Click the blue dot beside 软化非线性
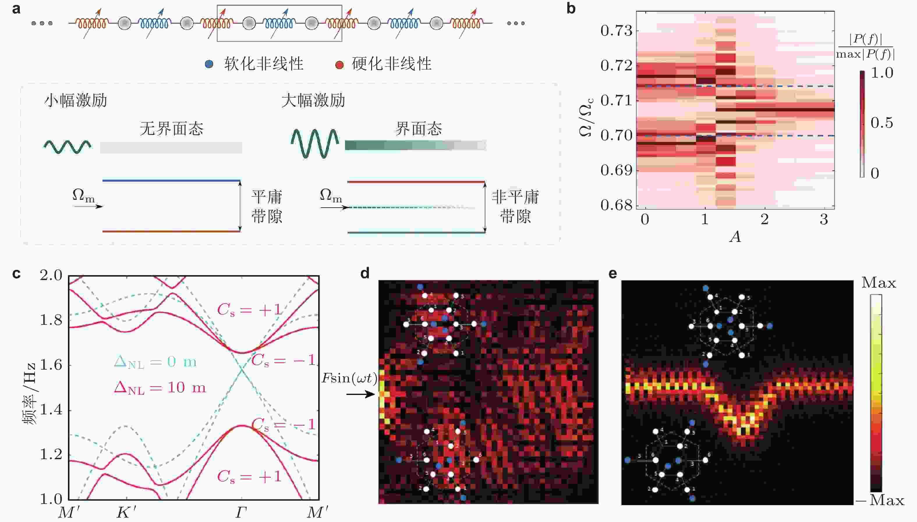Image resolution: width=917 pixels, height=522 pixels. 209,64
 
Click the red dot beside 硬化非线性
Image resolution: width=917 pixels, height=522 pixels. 339,65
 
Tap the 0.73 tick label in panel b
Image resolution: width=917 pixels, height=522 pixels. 616,31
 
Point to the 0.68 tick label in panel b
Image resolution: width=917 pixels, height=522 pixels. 616,205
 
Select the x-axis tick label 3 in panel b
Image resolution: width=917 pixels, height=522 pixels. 824,219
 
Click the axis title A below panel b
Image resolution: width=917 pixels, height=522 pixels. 735,237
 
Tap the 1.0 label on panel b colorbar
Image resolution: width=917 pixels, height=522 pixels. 882,73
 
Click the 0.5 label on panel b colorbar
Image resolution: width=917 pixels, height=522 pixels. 882,123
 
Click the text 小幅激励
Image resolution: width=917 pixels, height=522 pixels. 76,100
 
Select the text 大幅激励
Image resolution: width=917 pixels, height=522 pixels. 313,100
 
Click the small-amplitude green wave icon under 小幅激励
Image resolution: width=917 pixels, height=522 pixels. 67,147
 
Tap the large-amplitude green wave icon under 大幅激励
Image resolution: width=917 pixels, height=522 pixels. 315,143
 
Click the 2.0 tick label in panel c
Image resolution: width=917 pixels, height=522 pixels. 51,276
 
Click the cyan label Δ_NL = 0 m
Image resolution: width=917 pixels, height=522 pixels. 155,362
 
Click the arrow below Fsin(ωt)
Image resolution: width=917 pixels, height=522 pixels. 361,394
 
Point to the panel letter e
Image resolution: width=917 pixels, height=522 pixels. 613,274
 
